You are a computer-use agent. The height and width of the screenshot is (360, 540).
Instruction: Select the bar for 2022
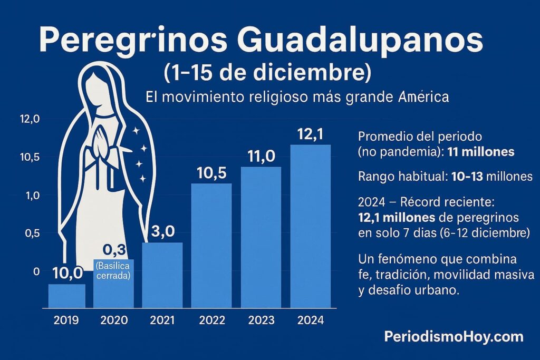coord(211,245)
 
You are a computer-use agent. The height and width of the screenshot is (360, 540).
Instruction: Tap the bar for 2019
coord(66,296)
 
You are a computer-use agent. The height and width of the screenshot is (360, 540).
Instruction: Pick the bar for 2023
coord(261,237)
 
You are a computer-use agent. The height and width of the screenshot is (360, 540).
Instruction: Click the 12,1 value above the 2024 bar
coord(310,135)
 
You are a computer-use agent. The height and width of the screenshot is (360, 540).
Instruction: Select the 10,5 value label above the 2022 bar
coord(211,173)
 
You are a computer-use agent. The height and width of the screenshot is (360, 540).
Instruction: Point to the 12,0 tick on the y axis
coord(30,120)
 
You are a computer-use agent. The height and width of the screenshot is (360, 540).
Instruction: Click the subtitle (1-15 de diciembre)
coord(264,72)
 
